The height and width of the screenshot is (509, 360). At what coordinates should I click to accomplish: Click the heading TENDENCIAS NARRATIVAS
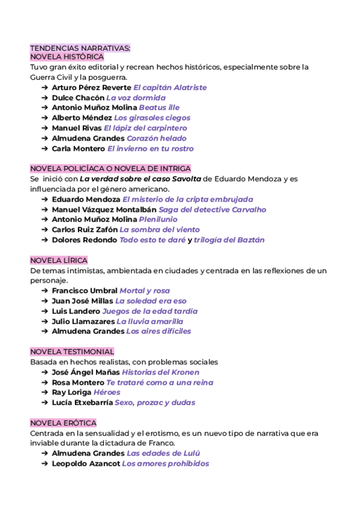pos(80,47)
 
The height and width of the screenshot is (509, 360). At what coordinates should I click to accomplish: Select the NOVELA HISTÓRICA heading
pos(67,57)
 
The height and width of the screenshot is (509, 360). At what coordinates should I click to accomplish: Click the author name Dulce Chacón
pos(78,98)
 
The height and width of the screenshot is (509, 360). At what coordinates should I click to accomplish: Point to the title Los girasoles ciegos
pos(152,118)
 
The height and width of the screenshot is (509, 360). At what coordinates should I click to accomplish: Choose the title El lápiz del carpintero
pos(145,128)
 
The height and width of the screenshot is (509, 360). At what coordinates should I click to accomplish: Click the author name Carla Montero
pos(78,149)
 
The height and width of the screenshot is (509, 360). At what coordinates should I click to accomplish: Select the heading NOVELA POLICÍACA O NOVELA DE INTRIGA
pos(110,169)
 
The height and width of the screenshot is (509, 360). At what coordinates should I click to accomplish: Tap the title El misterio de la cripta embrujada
pos(188,199)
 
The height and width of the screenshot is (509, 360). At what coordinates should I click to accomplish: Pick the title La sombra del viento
pos(160,230)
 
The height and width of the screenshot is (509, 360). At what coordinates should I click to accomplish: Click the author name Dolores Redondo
pos(85,240)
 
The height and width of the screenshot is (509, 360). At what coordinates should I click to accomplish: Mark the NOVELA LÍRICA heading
pos(59,261)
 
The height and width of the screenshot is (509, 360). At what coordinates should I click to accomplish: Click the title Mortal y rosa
pos(145,291)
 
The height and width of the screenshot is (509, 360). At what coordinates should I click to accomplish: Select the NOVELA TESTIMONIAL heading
pos(72,352)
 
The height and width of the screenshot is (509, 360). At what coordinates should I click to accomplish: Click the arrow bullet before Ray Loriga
pos(46,393)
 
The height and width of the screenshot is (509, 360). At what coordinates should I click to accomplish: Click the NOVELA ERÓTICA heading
pos(63,423)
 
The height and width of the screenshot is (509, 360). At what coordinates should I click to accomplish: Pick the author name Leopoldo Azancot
pos(86,464)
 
